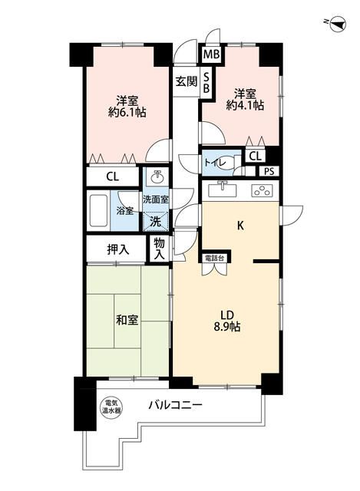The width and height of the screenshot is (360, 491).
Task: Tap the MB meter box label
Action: [x=209, y=54]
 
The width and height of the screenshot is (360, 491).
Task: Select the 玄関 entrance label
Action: [x=185, y=81]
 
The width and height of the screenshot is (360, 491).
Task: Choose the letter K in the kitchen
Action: [x=239, y=226]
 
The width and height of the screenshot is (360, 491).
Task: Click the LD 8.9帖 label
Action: [x=227, y=320]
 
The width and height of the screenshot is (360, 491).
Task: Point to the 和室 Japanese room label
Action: [x=127, y=319]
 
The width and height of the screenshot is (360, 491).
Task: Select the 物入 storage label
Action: [x=160, y=247]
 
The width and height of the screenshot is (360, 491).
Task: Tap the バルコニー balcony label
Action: [x=175, y=404]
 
